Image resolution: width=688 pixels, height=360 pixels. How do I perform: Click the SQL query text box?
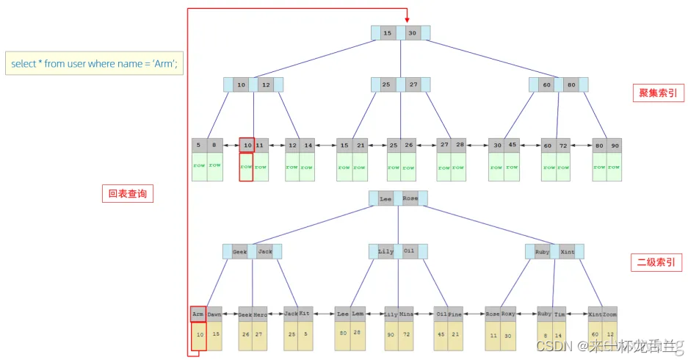click(x=94, y=64)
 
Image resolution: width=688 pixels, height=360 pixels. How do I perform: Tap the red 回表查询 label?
click(x=126, y=194)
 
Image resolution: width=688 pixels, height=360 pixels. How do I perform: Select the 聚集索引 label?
click(x=657, y=93)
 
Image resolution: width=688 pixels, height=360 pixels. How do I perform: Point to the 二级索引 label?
click(x=657, y=262)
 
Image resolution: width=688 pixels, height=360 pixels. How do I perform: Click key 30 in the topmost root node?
click(x=413, y=33)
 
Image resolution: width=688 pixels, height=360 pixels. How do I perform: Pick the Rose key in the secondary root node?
click(x=410, y=198)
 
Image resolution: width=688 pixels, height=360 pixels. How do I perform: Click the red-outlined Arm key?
click(x=198, y=314)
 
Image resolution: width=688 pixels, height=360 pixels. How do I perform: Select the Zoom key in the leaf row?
click(x=610, y=314)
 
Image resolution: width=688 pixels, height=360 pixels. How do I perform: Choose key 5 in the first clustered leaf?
click(x=199, y=145)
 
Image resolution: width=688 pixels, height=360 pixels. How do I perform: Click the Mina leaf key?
click(x=406, y=314)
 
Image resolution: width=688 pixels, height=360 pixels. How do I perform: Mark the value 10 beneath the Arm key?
click(x=198, y=334)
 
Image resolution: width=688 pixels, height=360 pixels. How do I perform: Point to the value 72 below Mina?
click(x=406, y=334)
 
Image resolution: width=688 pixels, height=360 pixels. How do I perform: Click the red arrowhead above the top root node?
click(x=406, y=20)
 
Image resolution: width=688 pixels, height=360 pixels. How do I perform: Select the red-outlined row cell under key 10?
click(x=247, y=167)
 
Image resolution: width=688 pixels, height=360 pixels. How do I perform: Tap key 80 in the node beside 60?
click(x=571, y=84)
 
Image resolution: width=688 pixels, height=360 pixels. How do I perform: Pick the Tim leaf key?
click(x=560, y=314)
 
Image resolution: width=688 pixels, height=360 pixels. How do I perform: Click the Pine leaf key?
click(x=456, y=314)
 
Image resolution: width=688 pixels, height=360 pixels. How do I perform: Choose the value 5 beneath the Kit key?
click(x=305, y=334)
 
